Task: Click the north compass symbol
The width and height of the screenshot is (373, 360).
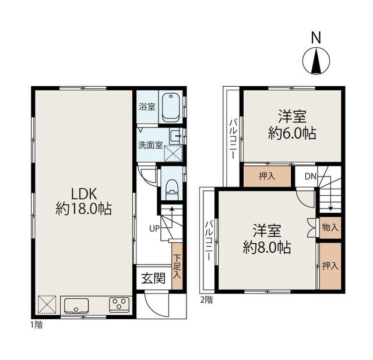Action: click(x=316, y=61)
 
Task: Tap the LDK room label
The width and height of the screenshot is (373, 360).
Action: click(x=85, y=194)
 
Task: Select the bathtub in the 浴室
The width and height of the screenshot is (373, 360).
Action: click(x=171, y=108)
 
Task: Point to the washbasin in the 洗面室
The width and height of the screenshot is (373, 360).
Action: click(x=175, y=137)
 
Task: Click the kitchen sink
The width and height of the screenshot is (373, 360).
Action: click(x=76, y=306)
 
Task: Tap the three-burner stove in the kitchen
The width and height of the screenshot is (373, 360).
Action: click(x=119, y=305)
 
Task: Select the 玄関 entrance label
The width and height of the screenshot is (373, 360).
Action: click(x=153, y=278)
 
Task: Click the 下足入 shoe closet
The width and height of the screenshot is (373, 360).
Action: click(x=177, y=266)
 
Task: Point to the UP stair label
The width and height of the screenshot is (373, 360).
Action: click(x=154, y=229)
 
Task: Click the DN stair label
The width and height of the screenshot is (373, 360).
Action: click(x=311, y=177)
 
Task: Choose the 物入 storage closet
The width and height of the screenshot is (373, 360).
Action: click(x=330, y=228)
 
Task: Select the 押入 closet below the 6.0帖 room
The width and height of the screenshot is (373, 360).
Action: click(x=267, y=176)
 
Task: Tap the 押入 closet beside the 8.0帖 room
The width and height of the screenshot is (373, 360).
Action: click(x=330, y=266)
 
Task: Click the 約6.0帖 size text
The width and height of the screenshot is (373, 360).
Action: click(x=293, y=133)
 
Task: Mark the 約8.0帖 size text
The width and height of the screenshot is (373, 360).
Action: click(x=267, y=248)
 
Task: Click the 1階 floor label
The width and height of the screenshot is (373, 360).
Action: click(x=36, y=325)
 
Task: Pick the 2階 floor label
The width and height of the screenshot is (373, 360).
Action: click(x=206, y=300)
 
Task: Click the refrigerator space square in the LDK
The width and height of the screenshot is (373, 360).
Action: click(x=47, y=305)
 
